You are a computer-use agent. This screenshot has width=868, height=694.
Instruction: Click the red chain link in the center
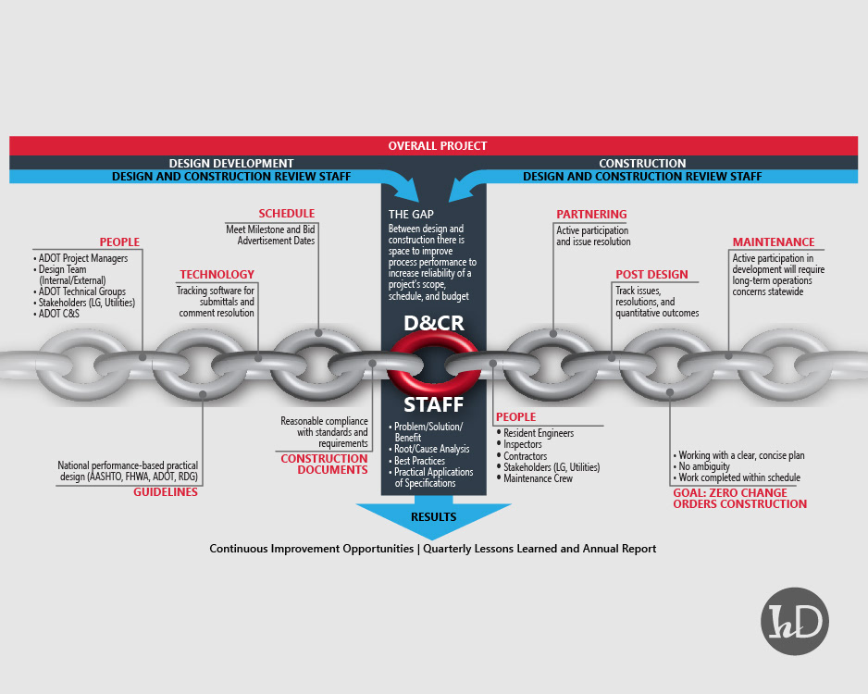pos(434,362)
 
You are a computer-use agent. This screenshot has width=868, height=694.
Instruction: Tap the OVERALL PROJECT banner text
pos(438,146)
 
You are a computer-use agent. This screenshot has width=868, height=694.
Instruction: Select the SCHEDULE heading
pos(286,214)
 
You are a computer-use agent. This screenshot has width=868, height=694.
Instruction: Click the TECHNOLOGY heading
pos(217,275)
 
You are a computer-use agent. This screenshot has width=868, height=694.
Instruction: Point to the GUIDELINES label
pos(165,492)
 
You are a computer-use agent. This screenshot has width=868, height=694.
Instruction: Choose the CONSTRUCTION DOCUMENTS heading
pos(324,465)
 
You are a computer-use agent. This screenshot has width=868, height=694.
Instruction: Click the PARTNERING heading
pos(591,215)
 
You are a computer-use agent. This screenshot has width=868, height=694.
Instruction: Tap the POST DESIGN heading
pos(651,275)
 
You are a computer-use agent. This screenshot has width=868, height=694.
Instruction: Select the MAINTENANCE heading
pos(774,242)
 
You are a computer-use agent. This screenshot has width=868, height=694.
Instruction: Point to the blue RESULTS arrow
pos(434,518)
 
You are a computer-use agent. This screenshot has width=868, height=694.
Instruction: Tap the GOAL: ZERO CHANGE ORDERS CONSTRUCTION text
pos(739,499)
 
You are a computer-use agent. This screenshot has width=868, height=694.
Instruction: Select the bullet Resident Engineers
pos(539,433)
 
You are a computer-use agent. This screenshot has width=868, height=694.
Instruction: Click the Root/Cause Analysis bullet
pos(432,449)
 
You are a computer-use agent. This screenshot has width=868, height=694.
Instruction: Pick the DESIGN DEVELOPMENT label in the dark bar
pos(231,163)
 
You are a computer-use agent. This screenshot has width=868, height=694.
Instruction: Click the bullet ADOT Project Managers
pos(83,258)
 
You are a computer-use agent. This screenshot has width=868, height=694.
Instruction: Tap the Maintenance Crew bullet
pos(538,478)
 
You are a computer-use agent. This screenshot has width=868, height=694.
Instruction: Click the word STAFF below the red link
pos(433,404)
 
